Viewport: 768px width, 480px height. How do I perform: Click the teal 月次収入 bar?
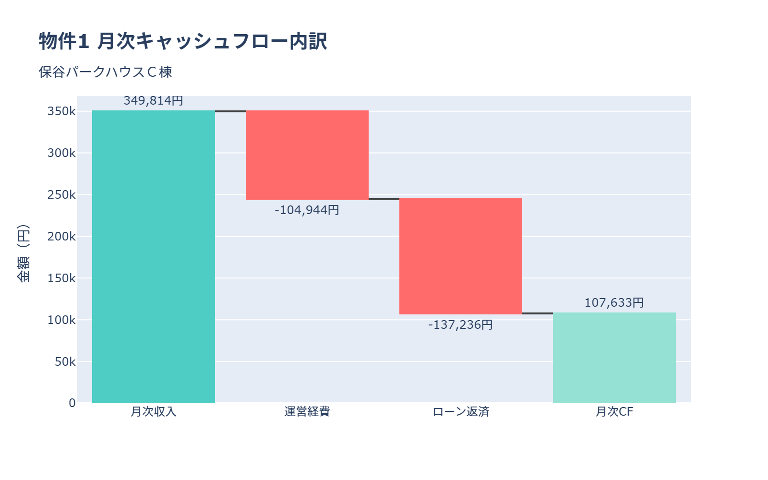[154, 257]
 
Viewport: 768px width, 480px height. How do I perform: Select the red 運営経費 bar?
[307, 155]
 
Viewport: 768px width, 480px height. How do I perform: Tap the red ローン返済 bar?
[461, 256]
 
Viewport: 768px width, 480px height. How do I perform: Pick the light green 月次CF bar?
[614, 358]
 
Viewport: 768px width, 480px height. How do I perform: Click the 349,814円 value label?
[154, 101]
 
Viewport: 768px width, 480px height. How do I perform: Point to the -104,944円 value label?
[307, 210]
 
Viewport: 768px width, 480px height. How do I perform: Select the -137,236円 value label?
[461, 325]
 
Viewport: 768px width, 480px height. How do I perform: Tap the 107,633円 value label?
[614, 303]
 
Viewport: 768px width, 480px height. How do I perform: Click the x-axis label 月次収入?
[154, 412]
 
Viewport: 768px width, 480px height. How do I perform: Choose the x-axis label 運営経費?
[307, 412]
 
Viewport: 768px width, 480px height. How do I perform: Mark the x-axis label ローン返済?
[461, 412]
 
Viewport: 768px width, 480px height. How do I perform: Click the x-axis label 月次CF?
[614, 412]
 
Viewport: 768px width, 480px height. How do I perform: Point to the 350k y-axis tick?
[61, 111]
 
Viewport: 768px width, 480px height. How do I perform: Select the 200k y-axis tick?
[61, 237]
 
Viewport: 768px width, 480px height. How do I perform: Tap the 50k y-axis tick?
[65, 362]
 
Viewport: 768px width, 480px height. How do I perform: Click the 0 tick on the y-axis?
[72, 403]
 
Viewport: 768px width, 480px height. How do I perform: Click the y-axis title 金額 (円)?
[23, 253]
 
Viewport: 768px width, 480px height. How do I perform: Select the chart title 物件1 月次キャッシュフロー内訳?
[183, 41]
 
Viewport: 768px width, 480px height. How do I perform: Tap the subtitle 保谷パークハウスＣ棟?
[106, 72]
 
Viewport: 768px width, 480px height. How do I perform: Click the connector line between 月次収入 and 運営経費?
[230, 111]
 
